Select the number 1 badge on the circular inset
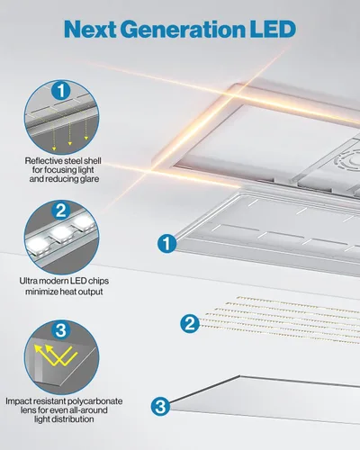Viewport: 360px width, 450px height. pyautogui.click(x=59, y=91)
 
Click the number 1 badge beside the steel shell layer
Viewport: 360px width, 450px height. pyautogui.click(x=165, y=242)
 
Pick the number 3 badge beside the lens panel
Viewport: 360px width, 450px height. pyautogui.click(x=160, y=406)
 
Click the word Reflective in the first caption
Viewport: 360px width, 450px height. pyautogui.click(x=45, y=162)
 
